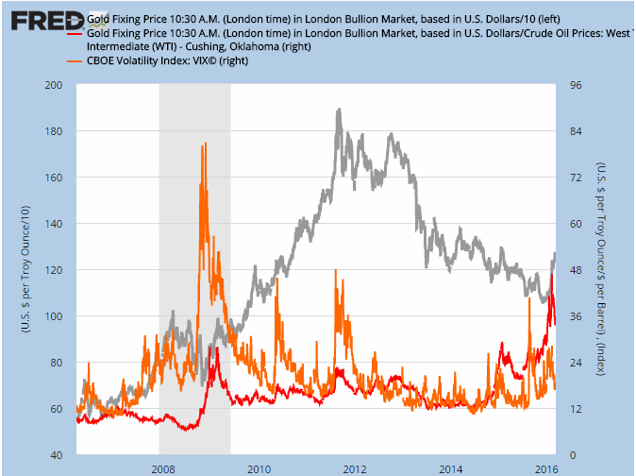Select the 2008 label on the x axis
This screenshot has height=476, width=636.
tap(162, 468)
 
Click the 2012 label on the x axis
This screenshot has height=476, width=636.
tap(355, 468)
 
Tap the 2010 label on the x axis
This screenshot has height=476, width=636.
tap(259, 468)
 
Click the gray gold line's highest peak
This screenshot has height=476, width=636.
tap(338, 110)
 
